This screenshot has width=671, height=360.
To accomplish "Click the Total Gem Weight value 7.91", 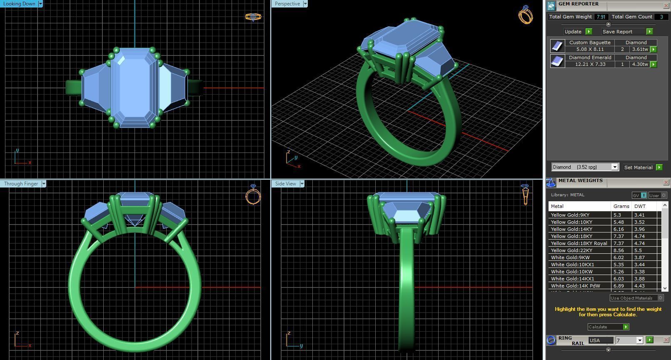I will [601, 17].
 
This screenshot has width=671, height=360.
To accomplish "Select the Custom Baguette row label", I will [589, 42].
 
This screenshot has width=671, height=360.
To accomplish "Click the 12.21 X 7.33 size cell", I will [589, 64].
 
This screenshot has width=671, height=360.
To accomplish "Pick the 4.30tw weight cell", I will [639, 64].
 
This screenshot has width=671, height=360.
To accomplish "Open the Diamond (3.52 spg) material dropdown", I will [614, 167].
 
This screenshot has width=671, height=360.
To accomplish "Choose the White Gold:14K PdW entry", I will [575, 286].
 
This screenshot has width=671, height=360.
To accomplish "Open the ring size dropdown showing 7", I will [639, 340].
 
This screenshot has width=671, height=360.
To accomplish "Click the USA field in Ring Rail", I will [600, 340].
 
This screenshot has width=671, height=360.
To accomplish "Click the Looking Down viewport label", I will [20, 4].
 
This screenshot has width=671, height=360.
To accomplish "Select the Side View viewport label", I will [285, 184].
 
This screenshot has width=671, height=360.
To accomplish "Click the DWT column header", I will [640, 206].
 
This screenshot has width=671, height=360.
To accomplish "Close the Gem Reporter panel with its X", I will [666, 5].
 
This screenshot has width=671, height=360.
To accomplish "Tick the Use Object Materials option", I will [660, 298].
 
